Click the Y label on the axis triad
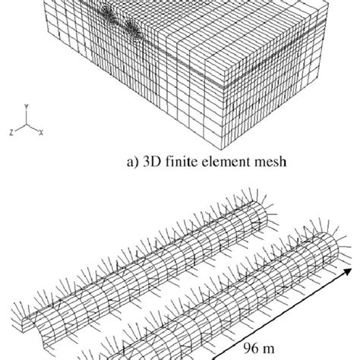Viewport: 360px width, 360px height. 27,106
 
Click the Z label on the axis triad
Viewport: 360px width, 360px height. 11,132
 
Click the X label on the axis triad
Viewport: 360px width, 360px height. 41,132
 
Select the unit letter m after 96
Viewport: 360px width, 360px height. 268,349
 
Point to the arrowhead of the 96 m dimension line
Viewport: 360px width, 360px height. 348,271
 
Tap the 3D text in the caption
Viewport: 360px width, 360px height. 152,161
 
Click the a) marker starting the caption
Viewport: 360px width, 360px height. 133,162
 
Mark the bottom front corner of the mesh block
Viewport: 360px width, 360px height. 223,150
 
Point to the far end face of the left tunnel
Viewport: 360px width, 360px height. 259,216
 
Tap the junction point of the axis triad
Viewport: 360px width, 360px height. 26,125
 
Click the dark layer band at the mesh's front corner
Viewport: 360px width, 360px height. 223,87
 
